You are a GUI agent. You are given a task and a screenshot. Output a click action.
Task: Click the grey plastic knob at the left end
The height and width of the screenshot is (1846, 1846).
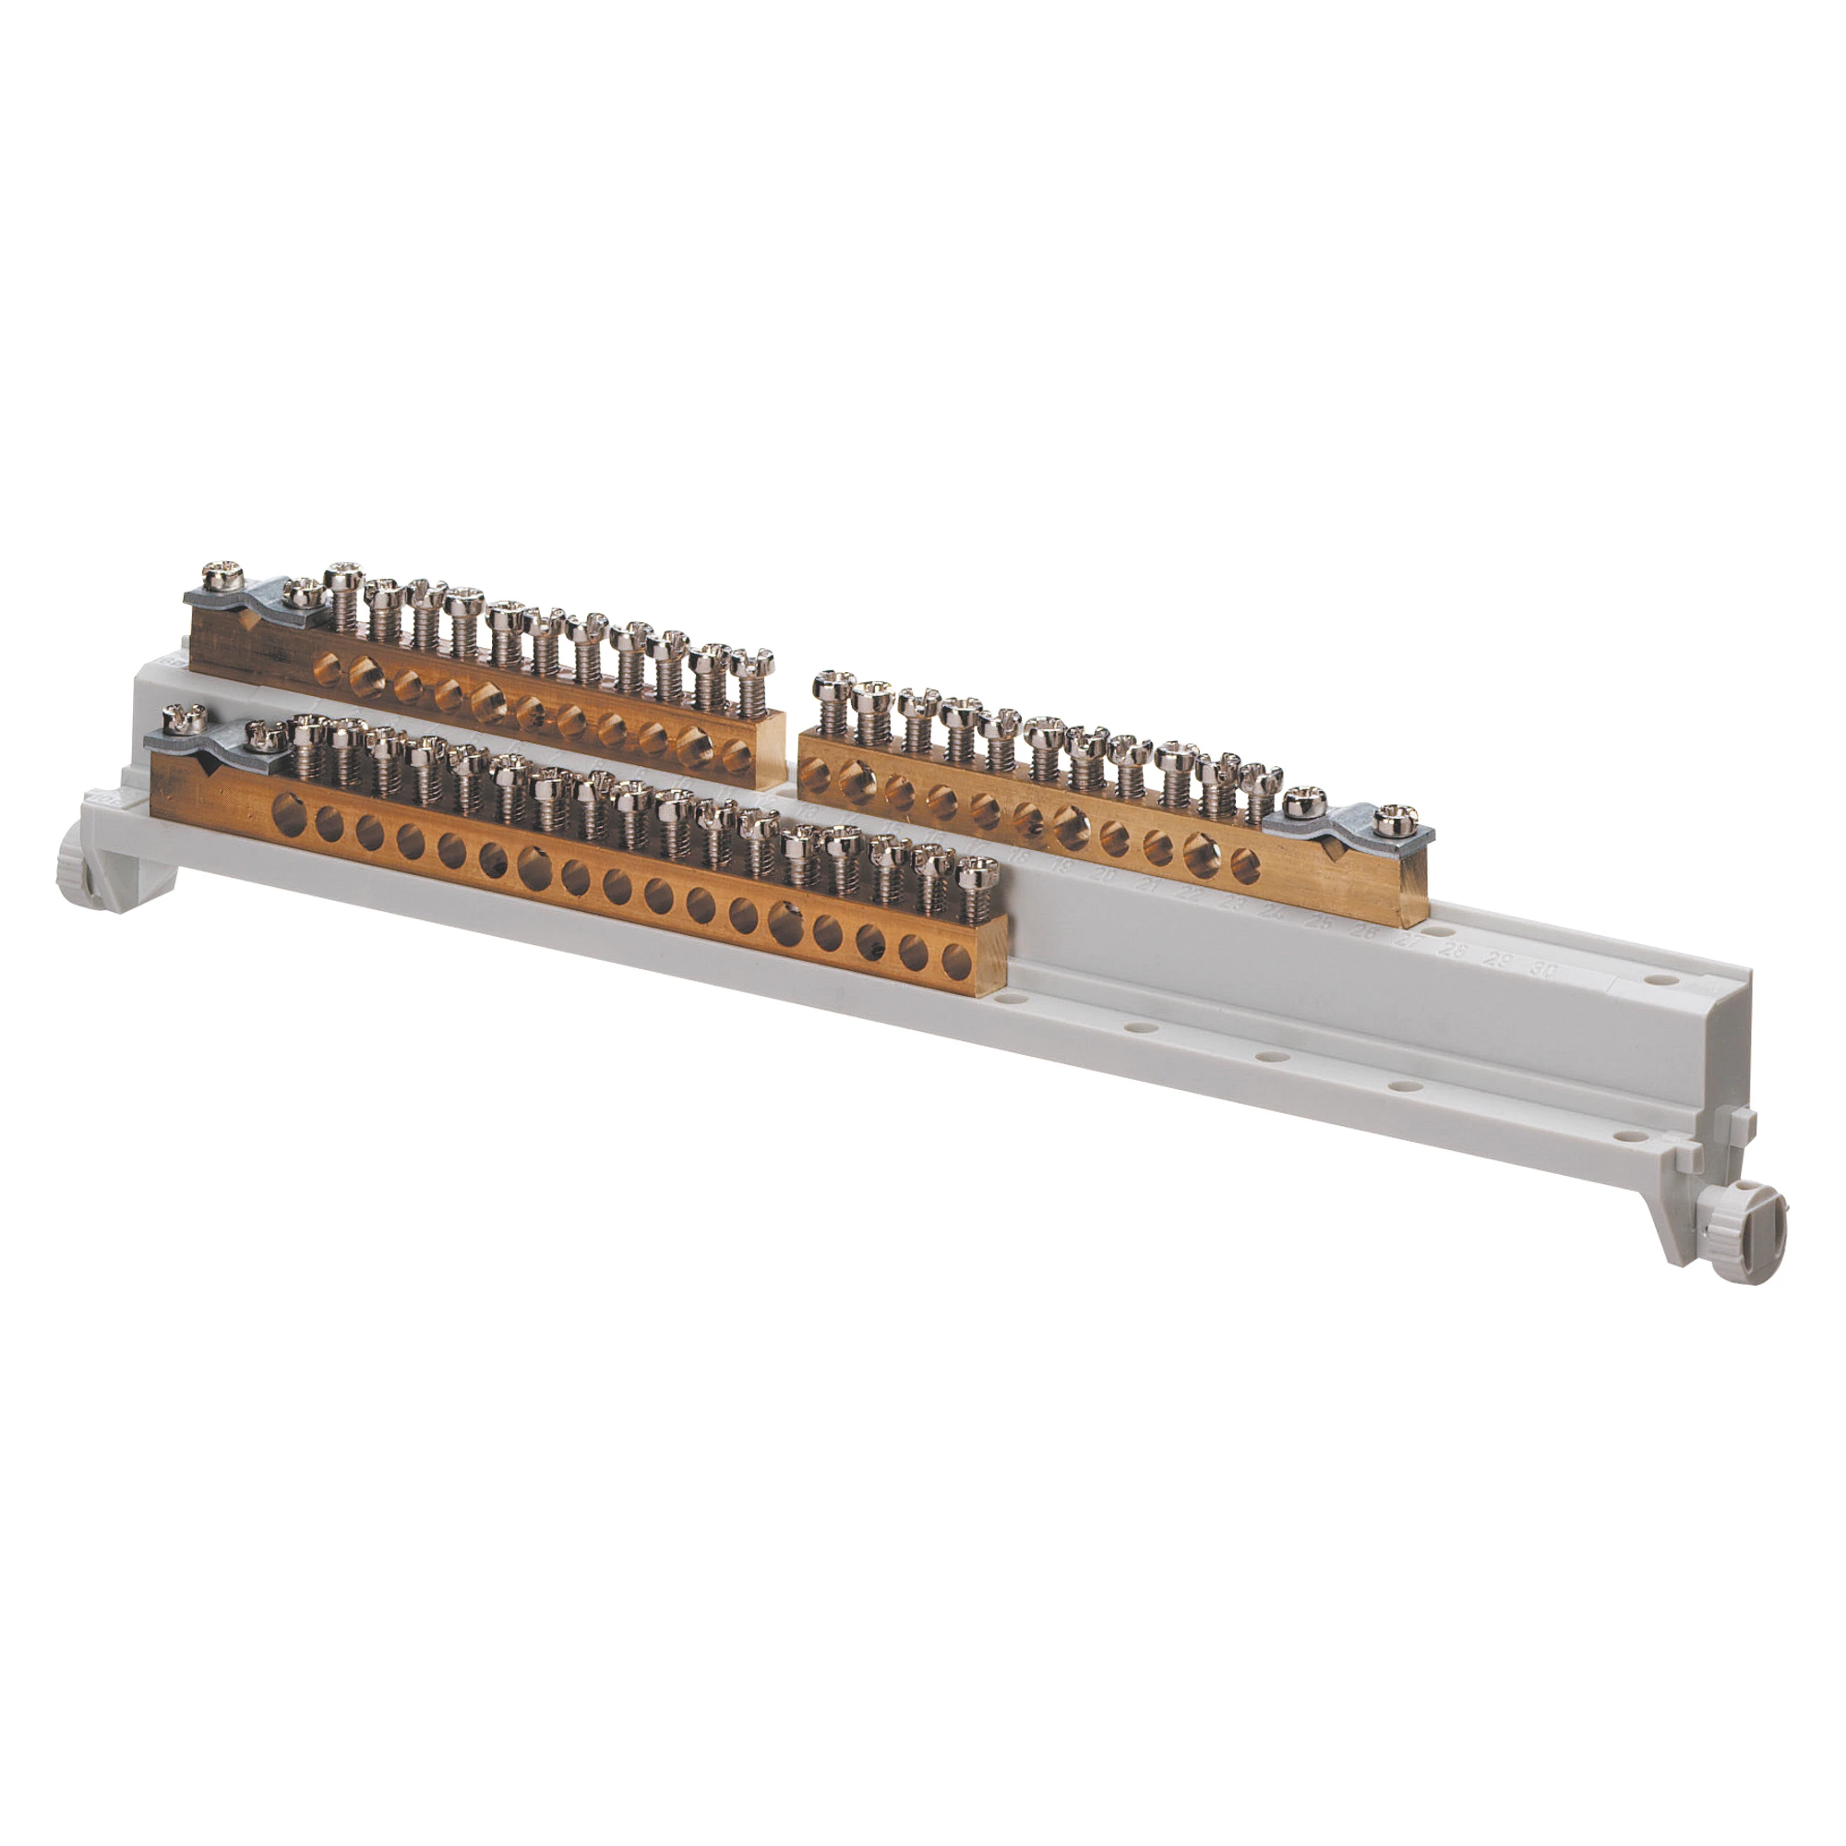tap(82, 872)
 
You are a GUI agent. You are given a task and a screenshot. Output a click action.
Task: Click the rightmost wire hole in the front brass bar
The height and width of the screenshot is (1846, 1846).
tap(955, 956)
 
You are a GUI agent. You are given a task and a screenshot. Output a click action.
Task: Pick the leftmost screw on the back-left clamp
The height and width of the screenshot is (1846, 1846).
tap(222, 577)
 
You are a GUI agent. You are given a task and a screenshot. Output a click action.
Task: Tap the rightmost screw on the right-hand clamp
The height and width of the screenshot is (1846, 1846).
tap(1392, 819)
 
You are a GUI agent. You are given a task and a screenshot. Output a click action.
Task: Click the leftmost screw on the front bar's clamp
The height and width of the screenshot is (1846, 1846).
tap(182, 718)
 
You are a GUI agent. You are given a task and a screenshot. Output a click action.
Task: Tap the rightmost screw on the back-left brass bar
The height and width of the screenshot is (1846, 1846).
tap(754, 663)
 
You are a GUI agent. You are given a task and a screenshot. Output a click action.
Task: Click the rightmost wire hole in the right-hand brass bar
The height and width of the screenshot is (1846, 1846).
tap(1245, 865)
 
